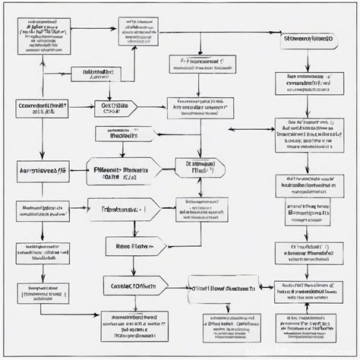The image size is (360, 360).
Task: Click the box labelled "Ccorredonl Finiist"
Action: pos(41,108)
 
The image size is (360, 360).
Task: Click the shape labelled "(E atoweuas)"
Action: pos(200,168)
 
